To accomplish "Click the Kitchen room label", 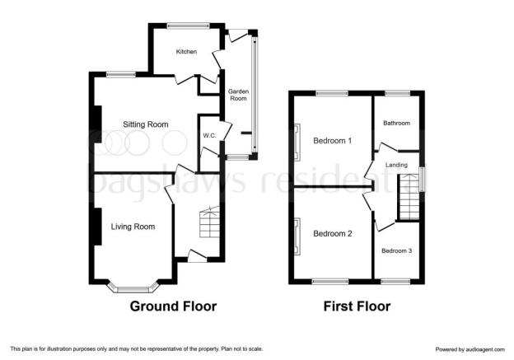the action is [x=186, y=51].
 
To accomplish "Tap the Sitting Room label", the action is [x=146, y=124].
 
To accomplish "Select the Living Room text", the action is [x=133, y=227].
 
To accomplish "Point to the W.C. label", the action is [x=209, y=135].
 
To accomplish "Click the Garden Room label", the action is [x=238, y=95].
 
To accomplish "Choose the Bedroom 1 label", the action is [x=333, y=141].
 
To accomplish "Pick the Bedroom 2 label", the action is [x=333, y=233].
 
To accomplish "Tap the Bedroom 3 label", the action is [x=397, y=250].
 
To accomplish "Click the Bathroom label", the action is [x=397, y=123].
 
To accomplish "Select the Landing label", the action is [x=396, y=165].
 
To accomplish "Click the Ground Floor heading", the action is [x=174, y=306].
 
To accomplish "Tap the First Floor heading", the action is [x=357, y=306].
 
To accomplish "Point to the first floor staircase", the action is [x=409, y=197].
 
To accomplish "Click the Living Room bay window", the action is [x=133, y=287].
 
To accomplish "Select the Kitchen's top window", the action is [x=188, y=26].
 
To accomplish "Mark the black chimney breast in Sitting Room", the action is [x=97, y=124].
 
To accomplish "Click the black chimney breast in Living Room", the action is [x=97, y=227].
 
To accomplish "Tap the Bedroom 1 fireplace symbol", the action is [x=297, y=143].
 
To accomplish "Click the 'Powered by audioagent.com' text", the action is [x=470, y=349].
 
